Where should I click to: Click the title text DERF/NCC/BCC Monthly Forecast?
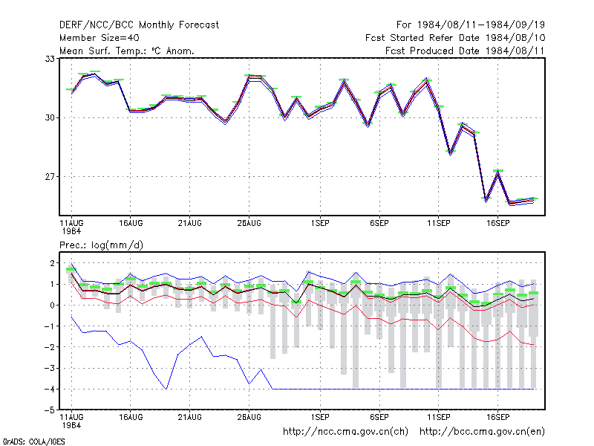click(x=139, y=25)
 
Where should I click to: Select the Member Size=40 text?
click(x=99, y=38)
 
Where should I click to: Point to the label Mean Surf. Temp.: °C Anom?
click(x=126, y=51)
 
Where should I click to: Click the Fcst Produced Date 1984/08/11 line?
click(x=465, y=51)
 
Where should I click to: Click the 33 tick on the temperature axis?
click(x=50, y=59)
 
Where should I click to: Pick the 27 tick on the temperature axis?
click(x=50, y=177)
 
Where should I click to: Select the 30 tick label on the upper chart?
click(x=50, y=117)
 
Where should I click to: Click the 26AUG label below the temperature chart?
click(x=249, y=223)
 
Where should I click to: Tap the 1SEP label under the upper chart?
click(x=321, y=223)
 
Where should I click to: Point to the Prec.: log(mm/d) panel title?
click(x=101, y=245)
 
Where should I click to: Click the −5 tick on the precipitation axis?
click(x=50, y=410)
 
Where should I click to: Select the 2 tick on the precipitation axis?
click(x=52, y=263)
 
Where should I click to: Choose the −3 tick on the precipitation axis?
click(x=50, y=368)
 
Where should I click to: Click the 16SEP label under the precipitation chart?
click(x=497, y=417)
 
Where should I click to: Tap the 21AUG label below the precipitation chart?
click(x=190, y=417)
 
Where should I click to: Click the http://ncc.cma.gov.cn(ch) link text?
click(x=345, y=432)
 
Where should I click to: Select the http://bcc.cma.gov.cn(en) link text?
click(x=482, y=432)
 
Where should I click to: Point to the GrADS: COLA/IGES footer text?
click(x=33, y=442)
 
